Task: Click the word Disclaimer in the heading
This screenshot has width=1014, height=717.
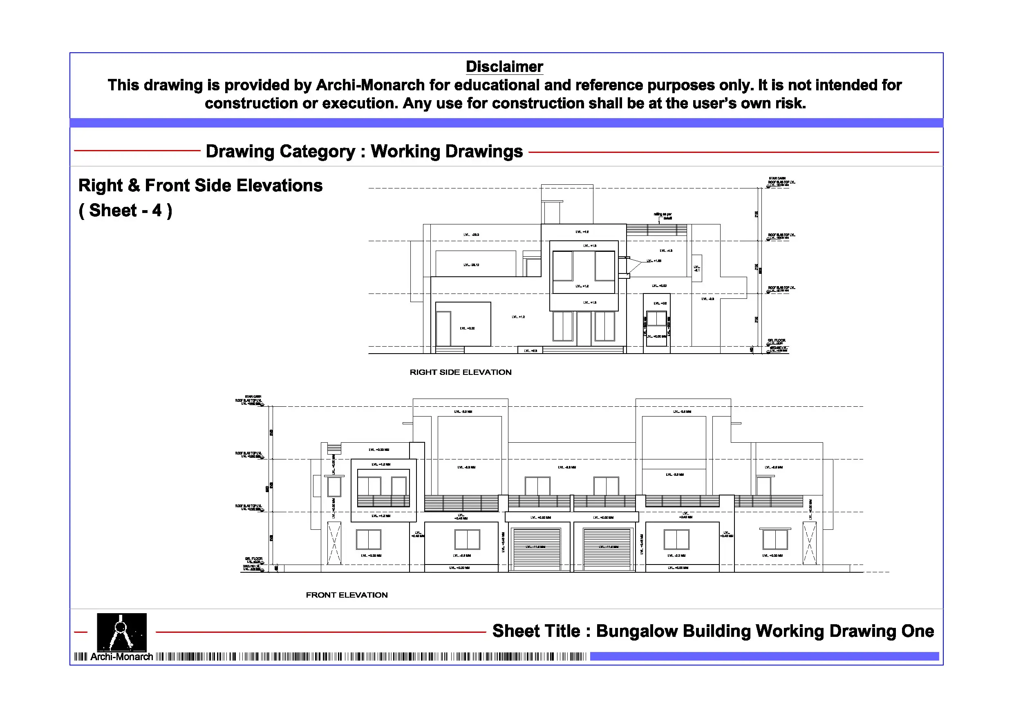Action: tap(504, 67)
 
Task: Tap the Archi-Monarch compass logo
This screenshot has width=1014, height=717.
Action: tap(121, 632)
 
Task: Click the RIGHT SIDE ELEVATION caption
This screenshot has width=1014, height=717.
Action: tap(460, 372)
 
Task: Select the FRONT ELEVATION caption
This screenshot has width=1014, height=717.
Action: tap(347, 595)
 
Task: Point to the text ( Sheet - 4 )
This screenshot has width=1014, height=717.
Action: tap(125, 210)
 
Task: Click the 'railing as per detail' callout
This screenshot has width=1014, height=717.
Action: tap(663, 216)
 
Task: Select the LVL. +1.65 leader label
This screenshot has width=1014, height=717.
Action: tap(654, 261)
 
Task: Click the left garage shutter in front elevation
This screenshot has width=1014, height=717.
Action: tap(536, 548)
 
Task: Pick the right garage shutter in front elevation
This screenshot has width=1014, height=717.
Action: tap(607, 548)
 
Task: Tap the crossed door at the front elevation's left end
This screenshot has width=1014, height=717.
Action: tap(334, 543)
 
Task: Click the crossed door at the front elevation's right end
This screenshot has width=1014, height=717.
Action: tap(810, 543)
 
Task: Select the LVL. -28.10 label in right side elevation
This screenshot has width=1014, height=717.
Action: tap(471, 265)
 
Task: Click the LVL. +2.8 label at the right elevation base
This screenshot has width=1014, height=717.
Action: tap(531, 351)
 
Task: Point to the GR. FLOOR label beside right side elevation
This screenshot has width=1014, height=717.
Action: tap(777, 341)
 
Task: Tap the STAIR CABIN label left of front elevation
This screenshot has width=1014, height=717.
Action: tap(253, 397)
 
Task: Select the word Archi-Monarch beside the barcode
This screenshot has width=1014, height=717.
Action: tap(121, 657)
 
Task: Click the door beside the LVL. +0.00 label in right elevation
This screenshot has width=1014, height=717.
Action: tap(443, 329)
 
